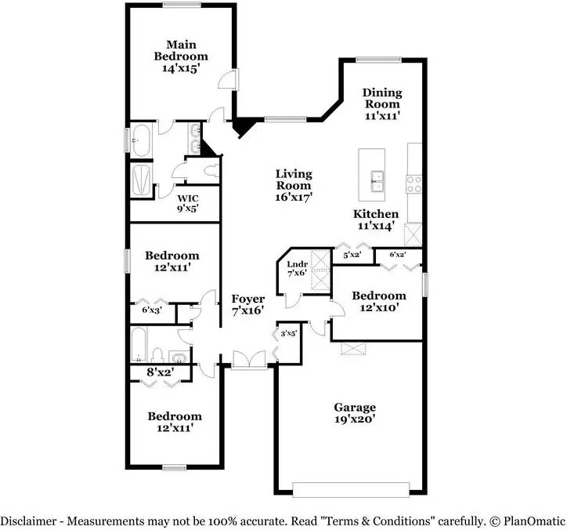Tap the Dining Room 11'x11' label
pyautogui.click(x=382, y=104)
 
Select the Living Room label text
pyautogui.click(x=294, y=180)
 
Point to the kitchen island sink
pyautogui.click(x=377, y=181)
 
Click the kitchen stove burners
pyautogui.click(x=414, y=184)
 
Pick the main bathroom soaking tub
pyautogui.click(x=141, y=140)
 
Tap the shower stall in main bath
pyautogui.click(x=141, y=180)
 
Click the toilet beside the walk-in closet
pyautogui.click(x=211, y=170)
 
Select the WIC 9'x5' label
pyautogui.click(x=188, y=203)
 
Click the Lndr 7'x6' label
pyautogui.click(x=298, y=268)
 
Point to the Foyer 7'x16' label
pyautogui.click(x=248, y=304)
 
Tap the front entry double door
pyautogui.click(x=249, y=360)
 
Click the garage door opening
pyautogui.click(x=351, y=489)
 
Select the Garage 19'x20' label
pyautogui.click(x=355, y=413)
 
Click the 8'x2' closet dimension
pyautogui.click(x=161, y=372)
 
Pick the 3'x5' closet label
pyautogui.click(x=288, y=333)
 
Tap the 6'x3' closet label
pyautogui.click(x=152, y=310)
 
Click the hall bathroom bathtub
pyautogui.click(x=139, y=344)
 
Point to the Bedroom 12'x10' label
pyautogui.click(x=379, y=301)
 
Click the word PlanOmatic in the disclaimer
pyautogui.click(x=534, y=521)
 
